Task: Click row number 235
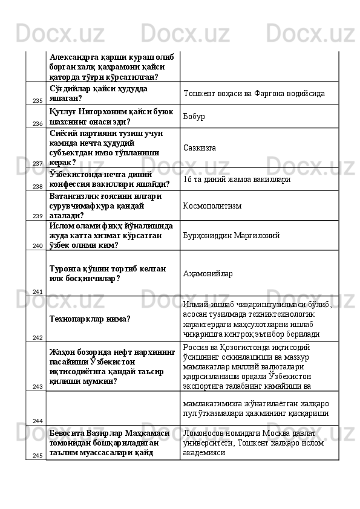[x=37, y=100]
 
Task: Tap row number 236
[x=37, y=123]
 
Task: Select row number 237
[x=37, y=163]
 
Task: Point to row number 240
[x=37, y=246]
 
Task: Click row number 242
[x=37, y=337]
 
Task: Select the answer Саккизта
[x=199, y=148]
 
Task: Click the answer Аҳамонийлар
[x=208, y=273]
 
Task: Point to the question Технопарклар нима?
[x=90, y=318]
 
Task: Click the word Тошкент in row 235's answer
[x=198, y=94]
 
